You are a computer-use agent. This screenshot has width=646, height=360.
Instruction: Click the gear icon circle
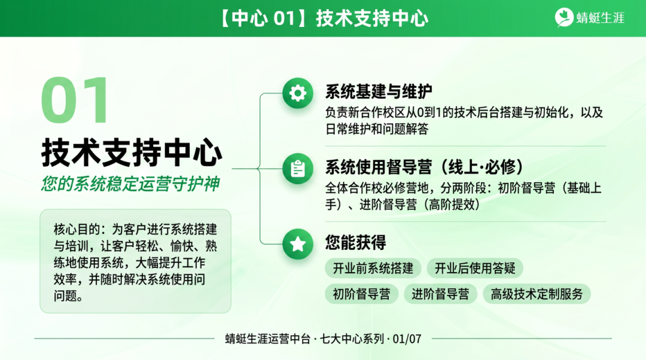click(297, 93)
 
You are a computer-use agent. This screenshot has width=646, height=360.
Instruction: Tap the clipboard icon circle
click(297, 169)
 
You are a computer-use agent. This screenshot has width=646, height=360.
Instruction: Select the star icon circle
click(297, 244)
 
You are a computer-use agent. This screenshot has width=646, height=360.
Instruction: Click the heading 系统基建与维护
click(379, 91)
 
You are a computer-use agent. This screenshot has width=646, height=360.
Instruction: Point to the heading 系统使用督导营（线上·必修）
click(425, 167)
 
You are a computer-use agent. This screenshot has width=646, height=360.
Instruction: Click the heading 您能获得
click(355, 242)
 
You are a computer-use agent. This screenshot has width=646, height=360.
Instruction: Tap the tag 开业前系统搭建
click(373, 268)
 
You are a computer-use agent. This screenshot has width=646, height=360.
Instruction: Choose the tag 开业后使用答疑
click(475, 268)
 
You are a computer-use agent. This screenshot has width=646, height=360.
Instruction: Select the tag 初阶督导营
click(361, 294)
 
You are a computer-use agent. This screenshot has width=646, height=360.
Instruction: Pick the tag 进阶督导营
click(440, 294)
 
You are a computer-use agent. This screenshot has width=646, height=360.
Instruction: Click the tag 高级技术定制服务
click(537, 294)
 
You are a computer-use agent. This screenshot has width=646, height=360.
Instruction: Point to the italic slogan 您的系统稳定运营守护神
click(130, 184)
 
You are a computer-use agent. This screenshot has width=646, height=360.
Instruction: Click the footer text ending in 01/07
click(323, 339)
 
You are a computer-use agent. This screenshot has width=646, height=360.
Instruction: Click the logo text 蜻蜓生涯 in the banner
click(600, 18)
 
